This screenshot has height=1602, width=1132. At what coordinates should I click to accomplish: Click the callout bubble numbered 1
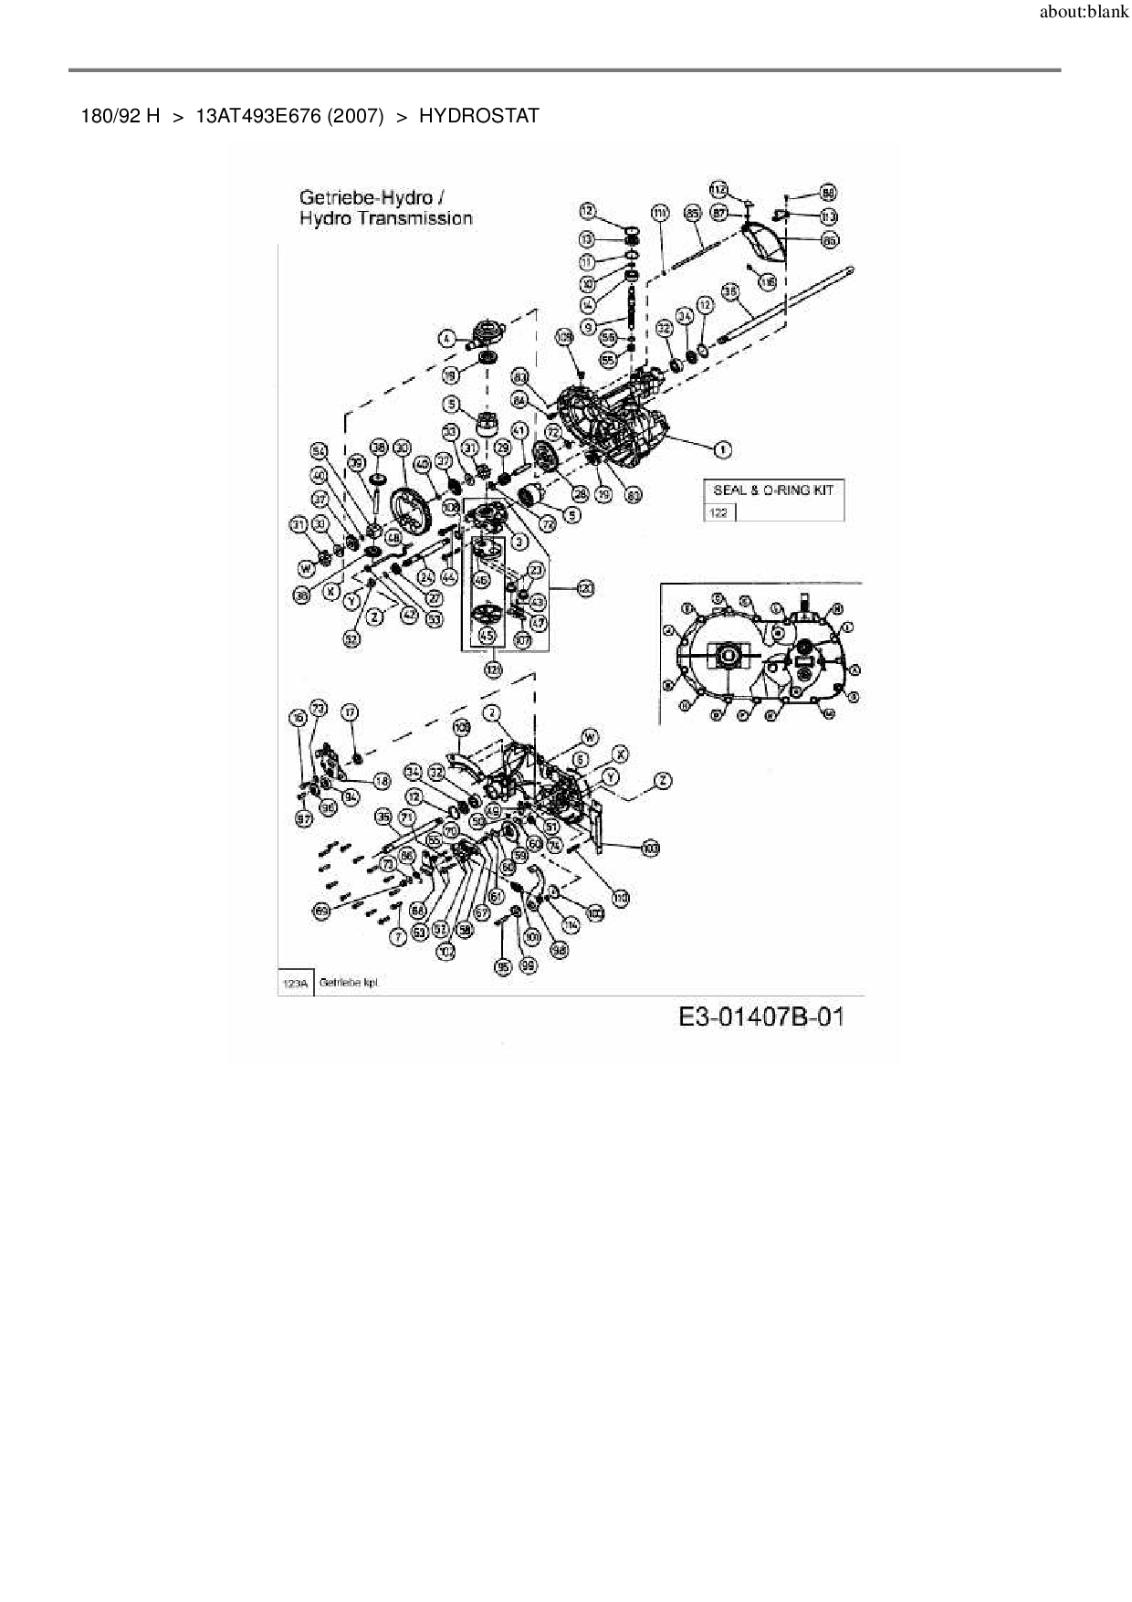(x=722, y=448)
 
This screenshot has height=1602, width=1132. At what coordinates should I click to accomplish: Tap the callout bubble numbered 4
(x=446, y=339)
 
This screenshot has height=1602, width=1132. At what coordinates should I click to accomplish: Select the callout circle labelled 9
(x=589, y=327)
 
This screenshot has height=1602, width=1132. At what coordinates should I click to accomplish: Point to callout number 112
(x=719, y=189)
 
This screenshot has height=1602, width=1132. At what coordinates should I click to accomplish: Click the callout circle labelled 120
(x=584, y=589)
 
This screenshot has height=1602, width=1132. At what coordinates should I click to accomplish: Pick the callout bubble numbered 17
(x=350, y=712)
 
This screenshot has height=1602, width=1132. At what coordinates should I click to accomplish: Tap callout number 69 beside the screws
(x=321, y=911)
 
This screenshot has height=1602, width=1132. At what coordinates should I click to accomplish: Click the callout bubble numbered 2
(x=492, y=712)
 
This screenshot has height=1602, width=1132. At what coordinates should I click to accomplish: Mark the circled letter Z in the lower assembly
(x=663, y=780)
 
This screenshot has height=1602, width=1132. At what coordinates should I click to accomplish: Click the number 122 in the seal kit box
(x=718, y=512)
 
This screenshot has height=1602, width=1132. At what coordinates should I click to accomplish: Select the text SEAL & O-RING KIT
(x=773, y=490)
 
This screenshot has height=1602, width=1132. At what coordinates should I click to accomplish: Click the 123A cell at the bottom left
(x=295, y=984)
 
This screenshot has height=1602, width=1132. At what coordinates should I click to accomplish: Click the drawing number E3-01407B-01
(x=761, y=1017)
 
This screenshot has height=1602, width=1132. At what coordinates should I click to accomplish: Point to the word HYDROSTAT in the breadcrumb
(x=478, y=116)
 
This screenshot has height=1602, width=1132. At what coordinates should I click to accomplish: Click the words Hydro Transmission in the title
(x=386, y=218)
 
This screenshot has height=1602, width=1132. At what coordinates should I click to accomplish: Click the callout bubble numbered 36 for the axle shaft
(x=730, y=291)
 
